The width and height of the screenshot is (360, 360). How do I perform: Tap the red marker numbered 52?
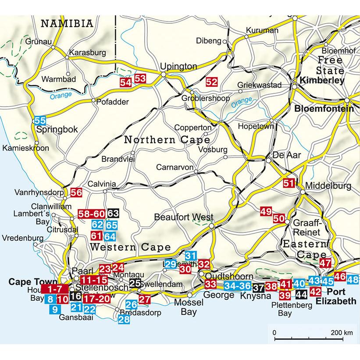point(211,82)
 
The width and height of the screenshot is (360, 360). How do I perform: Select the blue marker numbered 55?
point(40,121)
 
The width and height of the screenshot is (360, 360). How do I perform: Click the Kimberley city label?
point(321,81)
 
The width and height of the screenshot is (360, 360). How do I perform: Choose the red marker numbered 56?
point(76,192)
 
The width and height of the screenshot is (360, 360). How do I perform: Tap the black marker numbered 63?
point(113,214)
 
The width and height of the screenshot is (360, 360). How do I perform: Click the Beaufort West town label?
point(184,217)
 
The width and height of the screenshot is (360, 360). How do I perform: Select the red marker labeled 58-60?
point(91,214)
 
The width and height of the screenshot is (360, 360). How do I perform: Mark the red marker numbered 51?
point(288,184)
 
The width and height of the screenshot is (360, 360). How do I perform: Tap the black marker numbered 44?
point(301,294)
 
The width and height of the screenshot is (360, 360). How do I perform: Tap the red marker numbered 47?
point(325,264)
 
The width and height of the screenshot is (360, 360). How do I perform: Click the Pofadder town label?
point(112,102)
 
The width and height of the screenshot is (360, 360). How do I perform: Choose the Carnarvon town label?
point(175,167)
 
